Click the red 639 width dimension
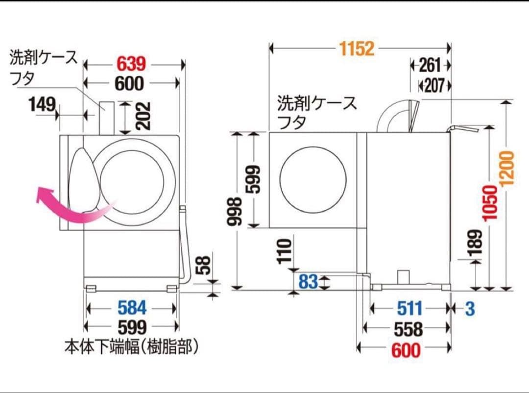(131, 64)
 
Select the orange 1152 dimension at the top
(356, 48)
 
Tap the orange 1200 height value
(507, 167)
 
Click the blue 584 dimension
(132, 308)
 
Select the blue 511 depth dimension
(409, 309)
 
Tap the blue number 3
(470, 309)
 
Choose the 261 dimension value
(430, 65)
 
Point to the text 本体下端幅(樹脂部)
(132, 347)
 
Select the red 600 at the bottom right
(406, 350)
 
